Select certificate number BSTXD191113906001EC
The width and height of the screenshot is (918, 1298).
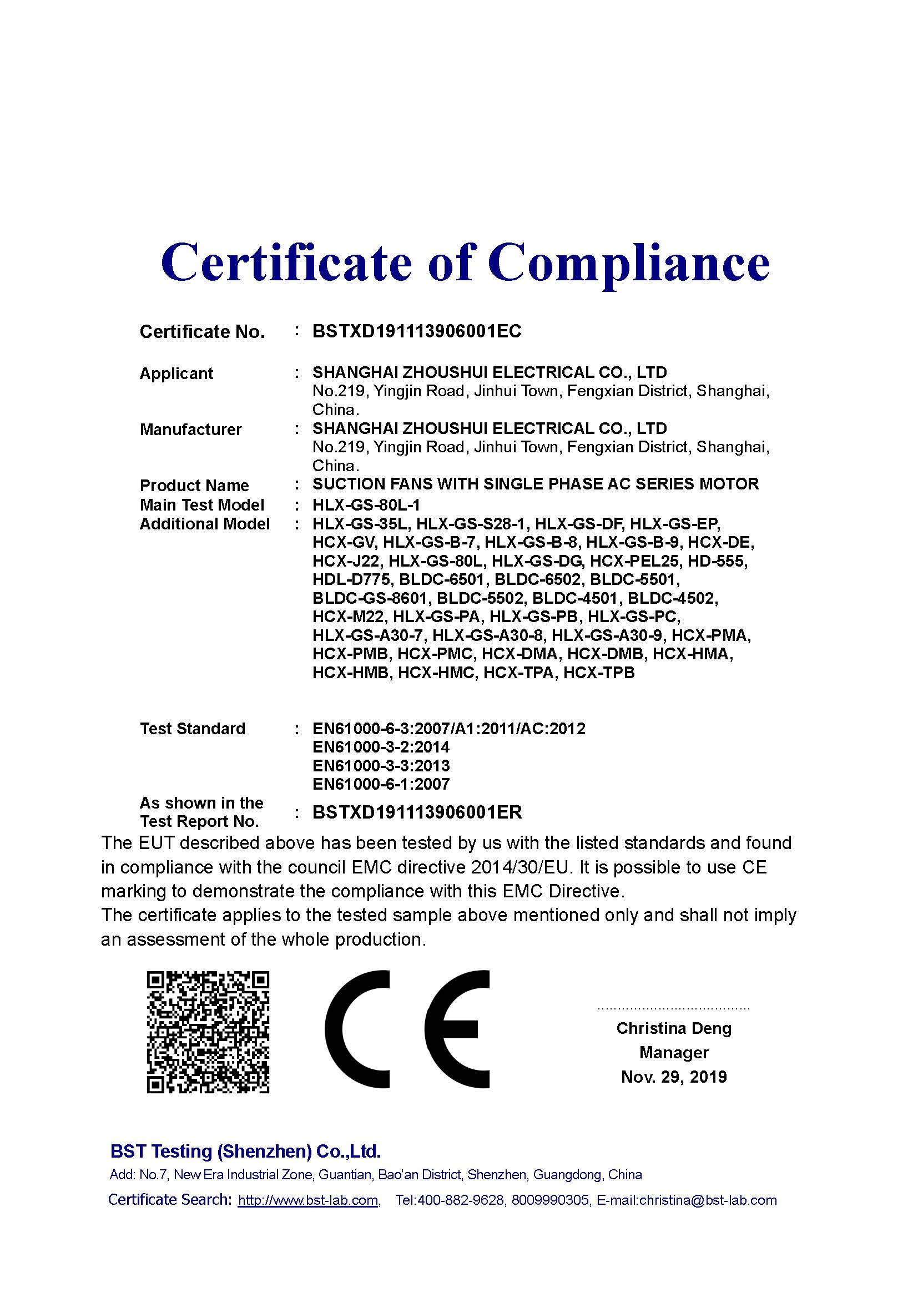[x=417, y=331]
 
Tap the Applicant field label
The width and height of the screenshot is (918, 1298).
[x=176, y=373]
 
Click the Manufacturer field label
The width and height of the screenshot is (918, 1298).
[x=190, y=430]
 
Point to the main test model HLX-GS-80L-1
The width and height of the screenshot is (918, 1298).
[x=366, y=505]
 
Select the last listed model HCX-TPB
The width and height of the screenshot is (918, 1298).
[x=599, y=673]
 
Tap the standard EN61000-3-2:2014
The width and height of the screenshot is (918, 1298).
[x=381, y=748]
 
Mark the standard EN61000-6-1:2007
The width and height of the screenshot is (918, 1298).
[x=381, y=784]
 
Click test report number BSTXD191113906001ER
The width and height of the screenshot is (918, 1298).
[x=417, y=812]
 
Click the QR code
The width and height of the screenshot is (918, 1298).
[x=208, y=1032]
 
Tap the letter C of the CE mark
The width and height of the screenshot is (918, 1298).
[x=357, y=1029]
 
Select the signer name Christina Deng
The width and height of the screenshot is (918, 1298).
[x=674, y=1028]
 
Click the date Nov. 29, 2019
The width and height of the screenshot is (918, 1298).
[x=674, y=1077]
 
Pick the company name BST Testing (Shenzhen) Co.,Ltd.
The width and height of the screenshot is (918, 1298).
[x=245, y=1151]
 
